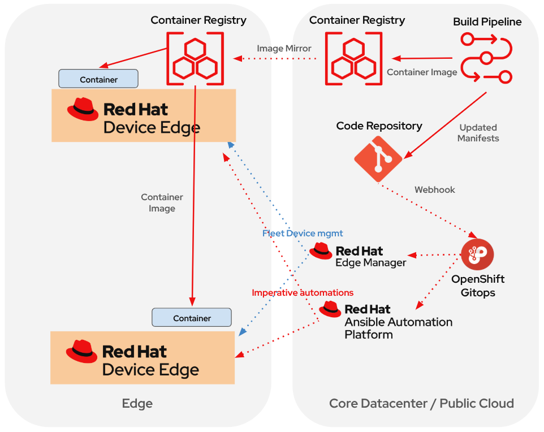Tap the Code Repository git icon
pyautogui.click(x=378, y=159)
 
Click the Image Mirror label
pyautogui.click(x=284, y=49)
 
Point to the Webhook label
pyautogui.click(x=434, y=190)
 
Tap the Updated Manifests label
pyautogui.click(x=478, y=133)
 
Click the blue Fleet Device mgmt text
pyautogui.click(x=303, y=233)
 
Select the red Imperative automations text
pyautogui.click(x=303, y=293)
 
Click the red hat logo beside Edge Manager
pyautogui.click(x=321, y=251)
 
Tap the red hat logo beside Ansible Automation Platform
pyautogui.click(x=330, y=309)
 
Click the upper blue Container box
pyautogui.click(x=98, y=79)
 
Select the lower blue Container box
pyautogui.click(x=192, y=318)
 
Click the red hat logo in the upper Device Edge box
pyautogui.click(x=83, y=109)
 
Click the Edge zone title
pyautogui.click(x=137, y=404)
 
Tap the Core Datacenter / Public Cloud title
pyautogui.click(x=421, y=404)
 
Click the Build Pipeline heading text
pyautogui.click(x=487, y=22)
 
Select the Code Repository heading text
pyautogui.click(x=379, y=126)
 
